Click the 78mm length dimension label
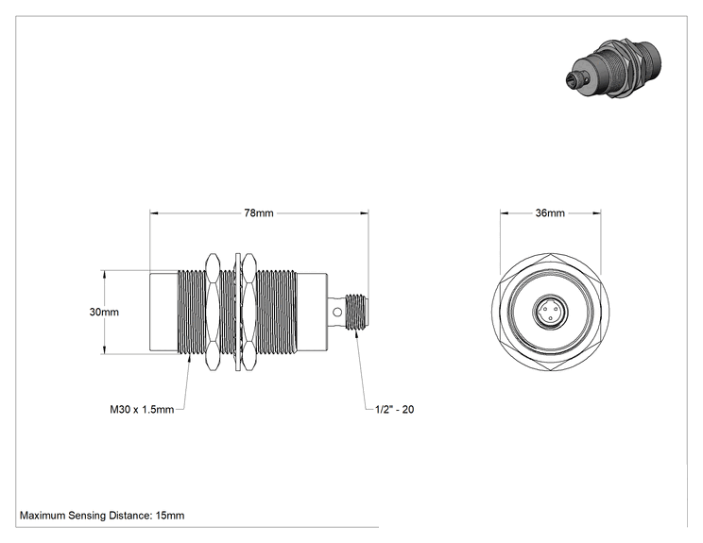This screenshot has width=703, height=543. pos(259,212)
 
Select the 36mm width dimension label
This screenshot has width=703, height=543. pos(550,212)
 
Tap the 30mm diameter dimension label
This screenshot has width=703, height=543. pos(104,312)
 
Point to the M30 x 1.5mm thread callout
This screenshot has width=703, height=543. pos(142,410)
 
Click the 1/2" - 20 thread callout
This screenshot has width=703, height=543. pos(395,409)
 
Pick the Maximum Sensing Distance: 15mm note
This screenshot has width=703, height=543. pos(102,516)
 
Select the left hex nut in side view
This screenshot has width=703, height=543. pos(212,313)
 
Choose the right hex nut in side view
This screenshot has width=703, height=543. pos(249,313)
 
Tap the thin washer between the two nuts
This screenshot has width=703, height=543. pos(237,313)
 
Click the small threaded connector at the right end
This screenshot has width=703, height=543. pos(357,312)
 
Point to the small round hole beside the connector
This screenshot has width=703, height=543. pos(334,312)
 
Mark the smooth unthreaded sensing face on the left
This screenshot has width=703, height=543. pos(164,312)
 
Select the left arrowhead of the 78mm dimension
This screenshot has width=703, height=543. pos(154,213)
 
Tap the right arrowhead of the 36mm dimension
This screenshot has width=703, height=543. pos(597,213)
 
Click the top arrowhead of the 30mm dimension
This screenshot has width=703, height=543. pos(104,274)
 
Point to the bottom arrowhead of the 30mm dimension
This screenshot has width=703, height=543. pos(104,350)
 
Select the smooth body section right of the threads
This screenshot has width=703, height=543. pos(312,312)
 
